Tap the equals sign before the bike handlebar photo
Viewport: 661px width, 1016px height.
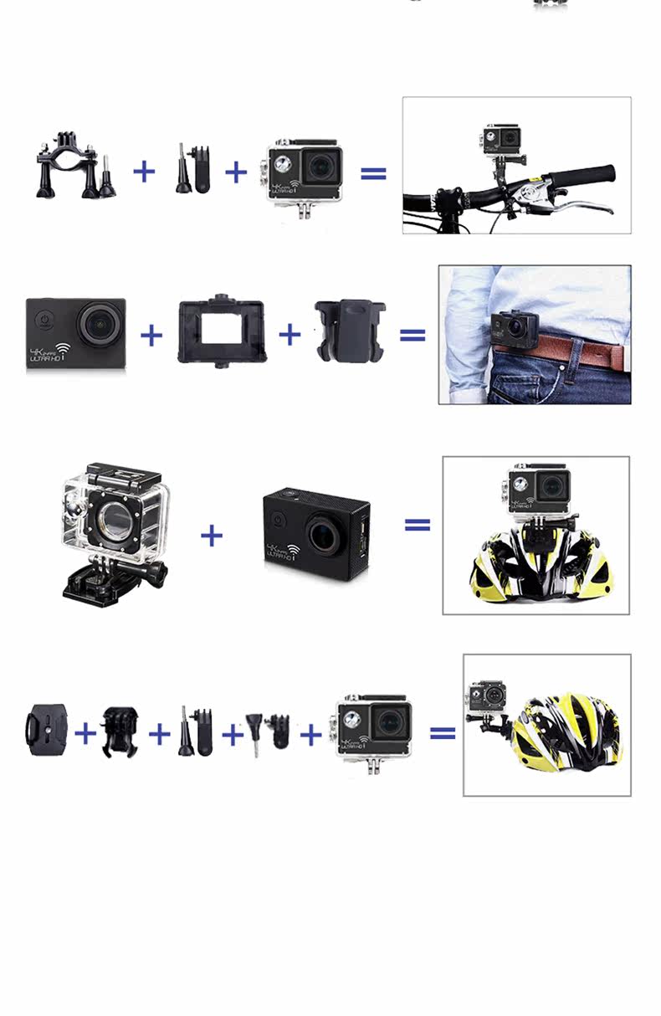click(373, 173)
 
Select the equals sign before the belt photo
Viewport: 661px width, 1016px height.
click(412, 336)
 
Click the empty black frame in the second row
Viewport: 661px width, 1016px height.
click(222, 331)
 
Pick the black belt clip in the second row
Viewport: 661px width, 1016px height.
click(349, 332)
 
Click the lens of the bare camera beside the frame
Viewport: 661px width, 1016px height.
click(101, 323)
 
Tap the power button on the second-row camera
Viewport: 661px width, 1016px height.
click(45, 321)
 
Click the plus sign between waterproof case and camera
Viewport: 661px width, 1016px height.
click(212, 535)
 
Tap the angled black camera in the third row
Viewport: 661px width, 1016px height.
click(316, 535)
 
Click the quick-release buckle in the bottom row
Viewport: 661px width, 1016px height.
click(120, 731)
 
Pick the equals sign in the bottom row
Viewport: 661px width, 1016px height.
click(443, 732)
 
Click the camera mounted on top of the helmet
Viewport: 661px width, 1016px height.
click(541, 487)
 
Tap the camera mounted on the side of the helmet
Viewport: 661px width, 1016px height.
click(487, 698)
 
